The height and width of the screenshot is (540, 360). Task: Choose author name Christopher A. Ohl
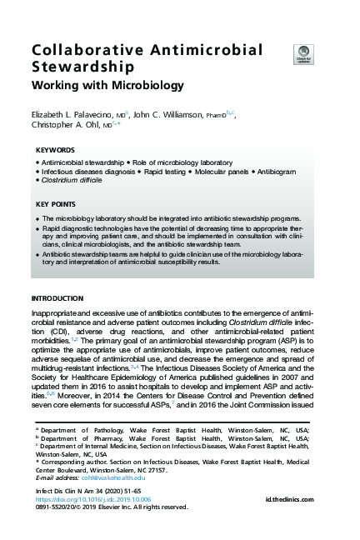66,127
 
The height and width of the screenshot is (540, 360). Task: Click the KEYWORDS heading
55,150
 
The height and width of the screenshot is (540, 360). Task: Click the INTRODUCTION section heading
57,298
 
